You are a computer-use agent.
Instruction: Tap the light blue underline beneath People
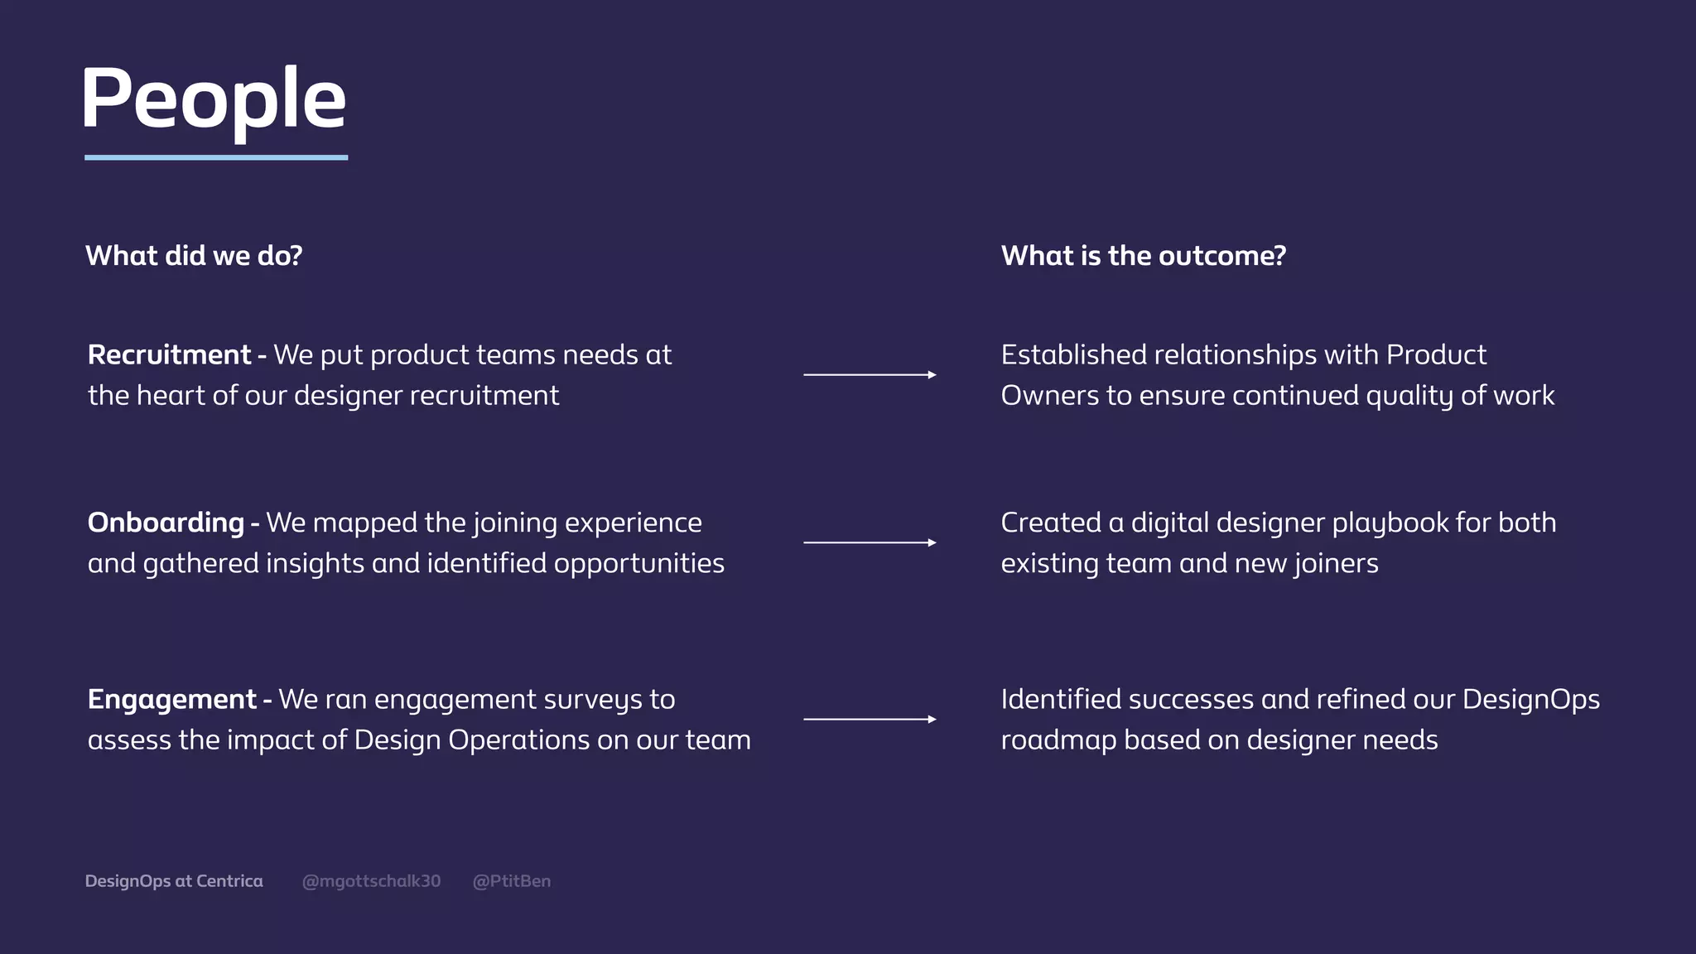click(216, 157)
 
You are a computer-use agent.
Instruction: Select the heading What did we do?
click(194, 256)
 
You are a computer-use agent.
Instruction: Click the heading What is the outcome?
click(1143, 256)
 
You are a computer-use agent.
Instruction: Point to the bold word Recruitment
click(169, 355)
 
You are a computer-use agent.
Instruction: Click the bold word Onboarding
click(166, 523)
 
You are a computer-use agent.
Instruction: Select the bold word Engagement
click(171, 700)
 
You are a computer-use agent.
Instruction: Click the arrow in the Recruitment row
click(870, 375)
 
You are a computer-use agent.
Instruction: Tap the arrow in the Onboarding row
click(870, 543)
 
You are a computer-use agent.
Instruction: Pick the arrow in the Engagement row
click(870, 720)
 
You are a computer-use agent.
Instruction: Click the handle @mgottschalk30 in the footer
click(371, 881)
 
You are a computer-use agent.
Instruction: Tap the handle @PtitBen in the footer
click(511, 881)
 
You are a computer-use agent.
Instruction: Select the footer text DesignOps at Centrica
click(174, 881)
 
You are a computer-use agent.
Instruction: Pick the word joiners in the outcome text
click(1337, 564)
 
